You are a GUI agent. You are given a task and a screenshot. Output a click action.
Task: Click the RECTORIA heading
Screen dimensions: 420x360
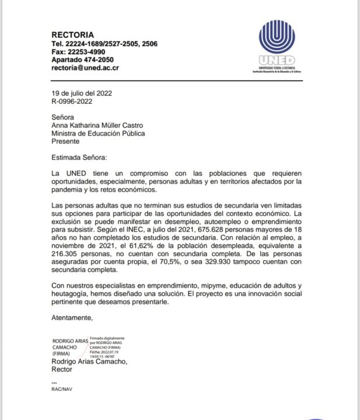72,35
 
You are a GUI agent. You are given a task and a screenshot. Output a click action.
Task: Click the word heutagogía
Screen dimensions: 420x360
74,294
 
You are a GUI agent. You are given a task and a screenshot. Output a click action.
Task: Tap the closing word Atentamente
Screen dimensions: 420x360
72,318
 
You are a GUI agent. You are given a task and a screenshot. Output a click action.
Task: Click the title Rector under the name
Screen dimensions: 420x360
62,369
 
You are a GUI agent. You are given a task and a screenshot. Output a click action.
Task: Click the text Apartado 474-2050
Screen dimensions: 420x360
82,60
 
